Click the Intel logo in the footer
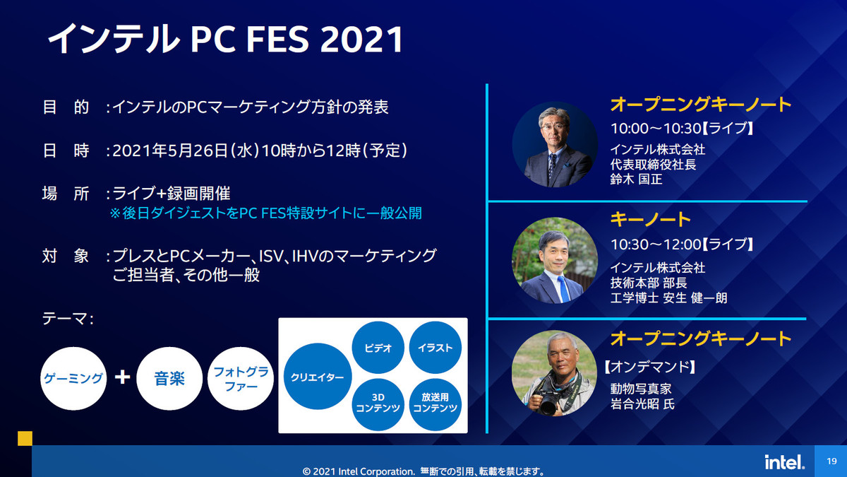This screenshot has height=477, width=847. click(784, 462)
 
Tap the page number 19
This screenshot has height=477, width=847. click(831, 461)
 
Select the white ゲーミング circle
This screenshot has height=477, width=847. click(73, 378)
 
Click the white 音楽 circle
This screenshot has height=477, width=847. click(169, 378)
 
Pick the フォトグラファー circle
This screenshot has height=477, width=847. click(241, 378)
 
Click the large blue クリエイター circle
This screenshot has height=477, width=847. click(318, 376)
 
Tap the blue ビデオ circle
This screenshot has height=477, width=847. click(378, 348)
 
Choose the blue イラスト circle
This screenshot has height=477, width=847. click(435, 348)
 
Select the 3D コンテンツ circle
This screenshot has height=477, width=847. click(378, 404)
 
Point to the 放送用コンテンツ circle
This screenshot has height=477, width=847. click(435, 404)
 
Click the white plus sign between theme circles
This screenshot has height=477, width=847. click(122, 377)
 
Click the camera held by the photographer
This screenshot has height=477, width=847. click(546, 401)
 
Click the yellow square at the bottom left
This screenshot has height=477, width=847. click(25, 438)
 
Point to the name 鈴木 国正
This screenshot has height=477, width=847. click(637, 179)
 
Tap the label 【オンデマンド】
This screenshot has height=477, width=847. click(649, 367)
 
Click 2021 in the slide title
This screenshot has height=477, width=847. click(361, 40)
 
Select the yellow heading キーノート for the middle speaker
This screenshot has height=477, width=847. click(650, 219)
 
